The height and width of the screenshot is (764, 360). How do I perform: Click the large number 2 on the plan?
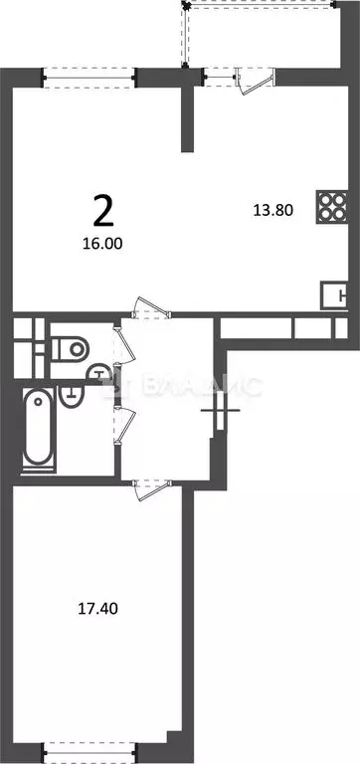[101, 211]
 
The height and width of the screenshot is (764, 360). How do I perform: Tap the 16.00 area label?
[104, 241]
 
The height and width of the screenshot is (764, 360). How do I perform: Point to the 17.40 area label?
[97, 604]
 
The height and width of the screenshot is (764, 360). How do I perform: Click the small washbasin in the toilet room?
[98, 373]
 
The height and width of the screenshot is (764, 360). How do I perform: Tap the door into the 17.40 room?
[149, 486]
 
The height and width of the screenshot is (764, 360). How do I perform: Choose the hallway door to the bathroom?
[121, 422]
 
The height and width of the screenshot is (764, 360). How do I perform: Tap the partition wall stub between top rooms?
[184, 119]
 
